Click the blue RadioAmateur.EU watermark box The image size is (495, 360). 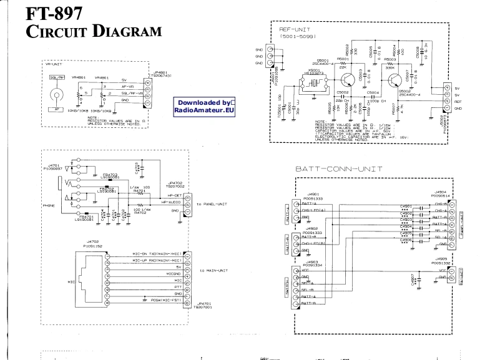click(204, 106)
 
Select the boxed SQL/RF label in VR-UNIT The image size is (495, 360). click(57, 78)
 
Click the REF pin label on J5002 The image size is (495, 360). click(458, 102)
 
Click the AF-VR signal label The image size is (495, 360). click(128, 86)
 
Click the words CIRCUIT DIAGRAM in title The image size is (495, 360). click(89, 30)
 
